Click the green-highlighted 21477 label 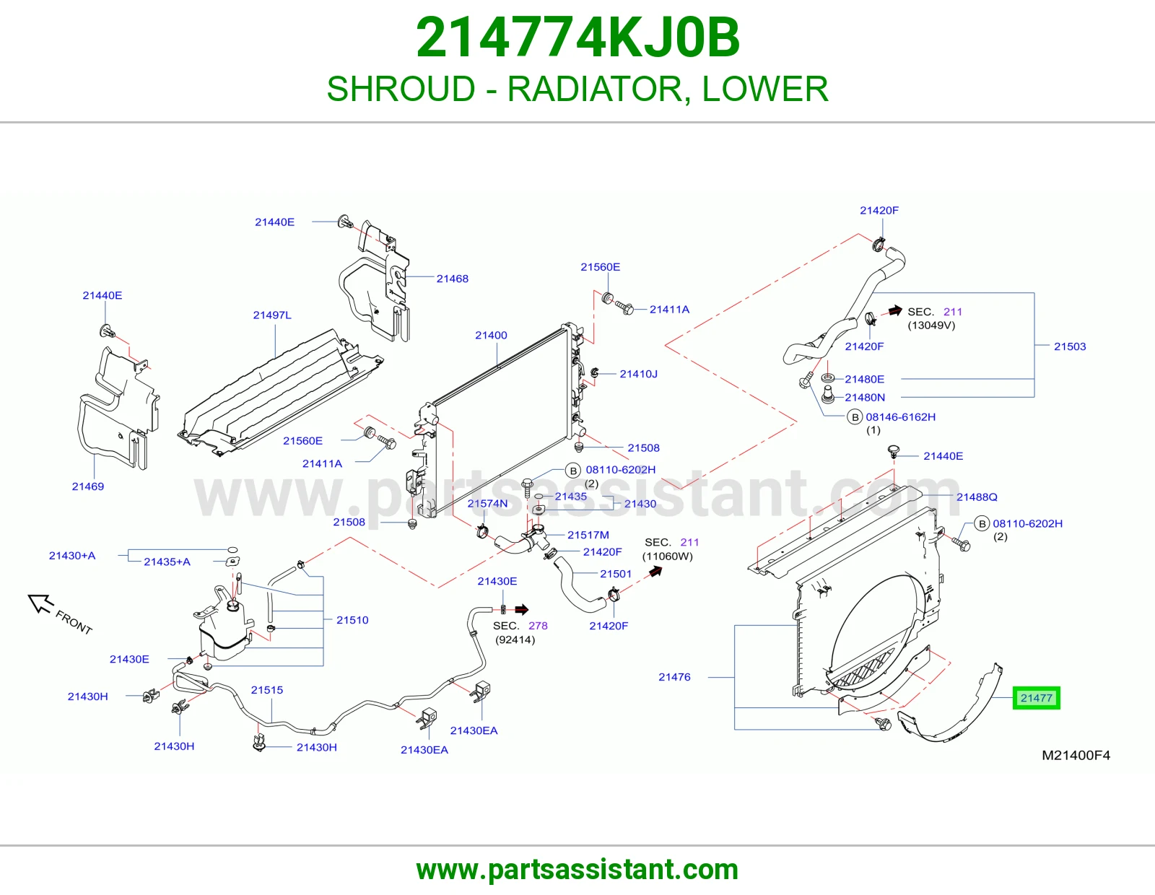tap(1036, 698)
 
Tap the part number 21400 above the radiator tap(491, 336)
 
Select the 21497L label tap(272, 315)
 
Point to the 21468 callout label tap(453, 279)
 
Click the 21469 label tap(87, 486)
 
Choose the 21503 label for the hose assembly tap(1070, 346)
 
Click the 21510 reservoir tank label tap(352, 620)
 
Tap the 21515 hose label tap(267, 690)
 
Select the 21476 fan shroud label tap(674, 676)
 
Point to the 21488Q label tap(977, 497)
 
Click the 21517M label tap(588, 535)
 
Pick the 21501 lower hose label tap(616, 574)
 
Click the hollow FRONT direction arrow tap(40, 603)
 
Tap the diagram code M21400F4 tap(1076, 755)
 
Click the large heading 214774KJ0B tap(577, 38)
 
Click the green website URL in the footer tap(577, 870)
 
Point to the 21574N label tap(487, 503)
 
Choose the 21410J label tap(638, 374)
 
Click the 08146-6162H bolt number tap(900, 417)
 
